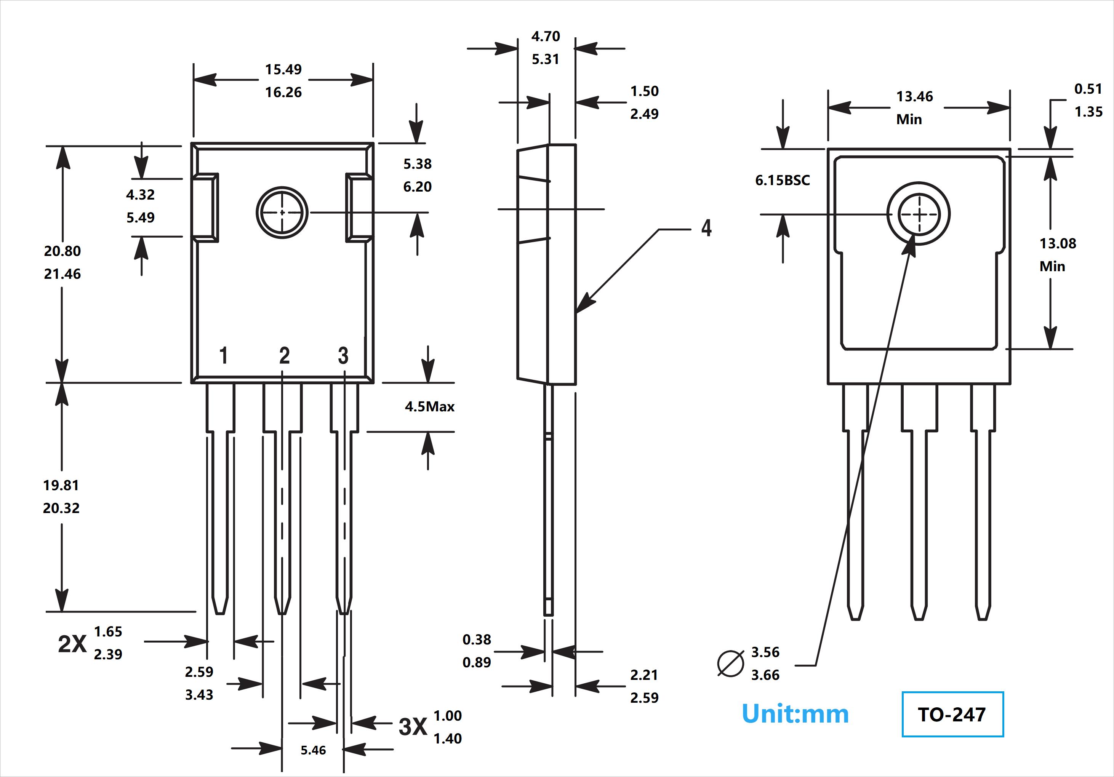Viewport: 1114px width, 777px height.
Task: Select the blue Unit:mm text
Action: (795, 714)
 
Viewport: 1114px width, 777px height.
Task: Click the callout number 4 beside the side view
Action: (706, 228)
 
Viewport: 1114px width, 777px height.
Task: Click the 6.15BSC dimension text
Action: (782, 181)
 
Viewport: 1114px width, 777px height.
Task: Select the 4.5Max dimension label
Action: (429, 406)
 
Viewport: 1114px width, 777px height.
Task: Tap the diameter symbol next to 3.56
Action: (730, 663)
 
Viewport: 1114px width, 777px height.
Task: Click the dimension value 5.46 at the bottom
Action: (313, 750)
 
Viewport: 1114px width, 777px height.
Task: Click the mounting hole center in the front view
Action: (282, 213)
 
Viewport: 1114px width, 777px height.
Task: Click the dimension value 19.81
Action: (61, 485)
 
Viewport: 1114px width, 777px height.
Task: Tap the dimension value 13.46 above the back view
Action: (914, 96)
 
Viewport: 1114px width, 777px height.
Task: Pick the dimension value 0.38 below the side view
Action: (477, 640)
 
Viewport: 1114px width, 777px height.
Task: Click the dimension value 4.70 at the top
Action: (545, 37)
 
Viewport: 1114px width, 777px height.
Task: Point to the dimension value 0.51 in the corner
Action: (1088, 89)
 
